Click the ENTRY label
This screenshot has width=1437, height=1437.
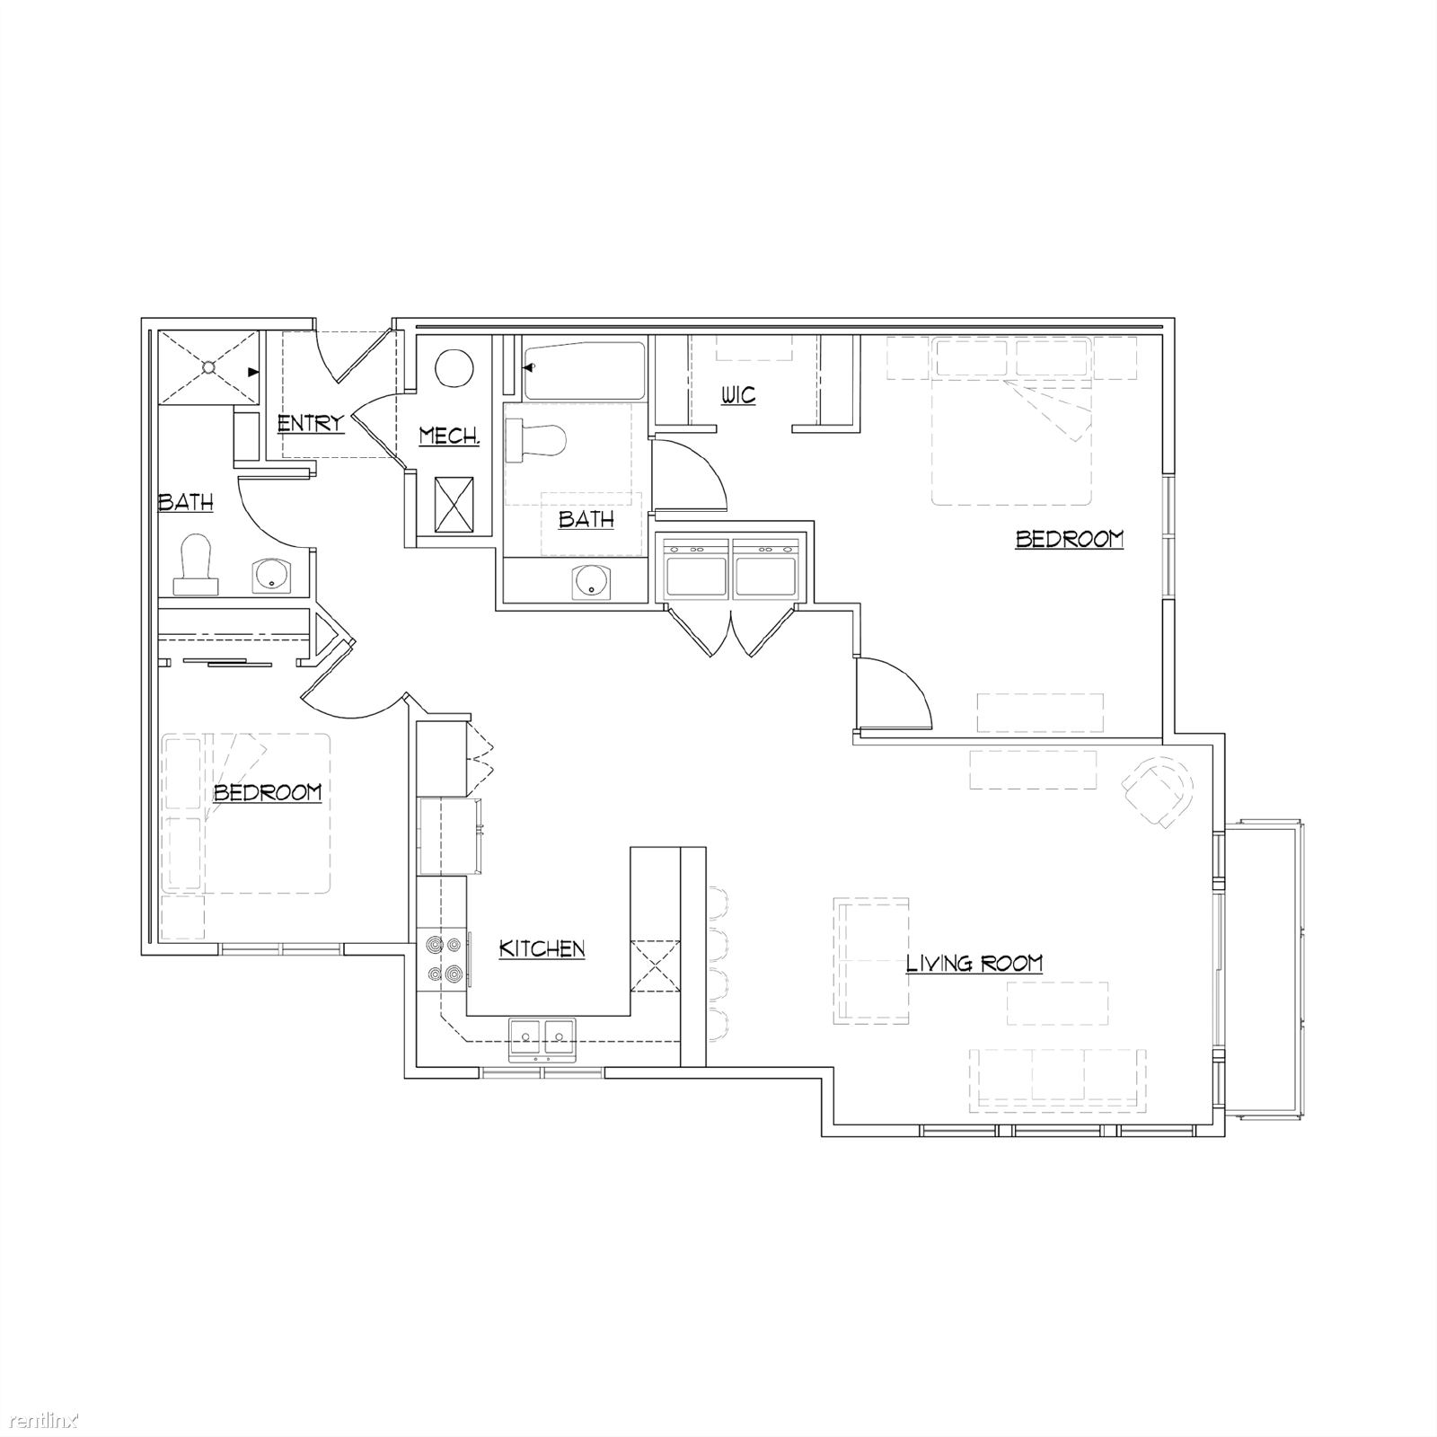[310, 423]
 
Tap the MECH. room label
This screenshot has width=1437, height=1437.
[449, 436]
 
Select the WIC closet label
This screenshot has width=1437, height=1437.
[738, 395]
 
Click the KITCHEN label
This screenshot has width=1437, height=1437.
[542, 948]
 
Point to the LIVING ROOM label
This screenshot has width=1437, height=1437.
[974, 965]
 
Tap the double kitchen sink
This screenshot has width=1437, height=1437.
[542, 1040]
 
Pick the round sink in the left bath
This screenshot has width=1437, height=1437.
[269, 576]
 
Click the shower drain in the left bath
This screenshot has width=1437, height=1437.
[208, 367]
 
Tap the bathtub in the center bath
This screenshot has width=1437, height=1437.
[585, 369]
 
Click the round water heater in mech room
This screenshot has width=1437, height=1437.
[454, 368]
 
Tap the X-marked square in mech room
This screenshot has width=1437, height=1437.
[454, 506]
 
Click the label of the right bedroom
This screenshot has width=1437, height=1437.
[1069, 539]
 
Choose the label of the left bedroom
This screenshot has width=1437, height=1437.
[267, 792]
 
